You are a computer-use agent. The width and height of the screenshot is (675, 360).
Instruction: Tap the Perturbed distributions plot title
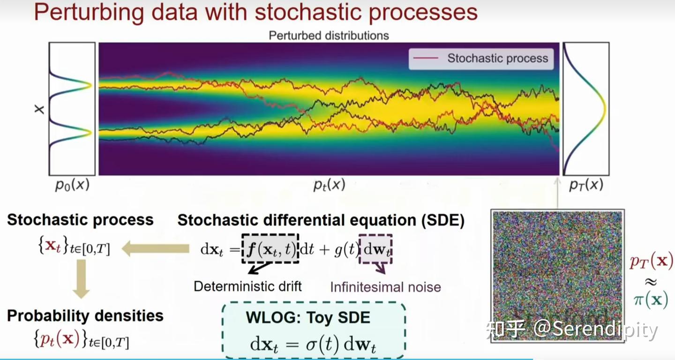(329, 36)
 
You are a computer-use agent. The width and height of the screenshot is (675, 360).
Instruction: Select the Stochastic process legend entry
(481, 58)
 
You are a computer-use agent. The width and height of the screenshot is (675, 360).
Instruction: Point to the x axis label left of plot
(39, 109)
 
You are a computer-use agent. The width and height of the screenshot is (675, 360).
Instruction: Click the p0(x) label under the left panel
(72, 184)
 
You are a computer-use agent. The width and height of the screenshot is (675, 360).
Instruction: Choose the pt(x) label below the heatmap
(329, 184)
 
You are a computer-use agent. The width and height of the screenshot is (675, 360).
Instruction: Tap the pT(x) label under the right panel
(586, 184)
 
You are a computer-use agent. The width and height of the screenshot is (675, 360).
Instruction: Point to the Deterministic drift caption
(247, 286)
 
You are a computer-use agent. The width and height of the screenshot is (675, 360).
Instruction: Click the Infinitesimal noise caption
(385, 287)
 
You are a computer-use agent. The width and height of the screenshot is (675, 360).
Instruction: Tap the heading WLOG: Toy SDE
(308, 317)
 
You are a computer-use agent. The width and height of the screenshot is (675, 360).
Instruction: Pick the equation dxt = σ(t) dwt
(313, 344)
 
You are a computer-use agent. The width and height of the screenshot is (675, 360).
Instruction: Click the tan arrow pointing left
(156, 248)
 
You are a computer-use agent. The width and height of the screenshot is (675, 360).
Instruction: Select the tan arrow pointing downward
(81, 279)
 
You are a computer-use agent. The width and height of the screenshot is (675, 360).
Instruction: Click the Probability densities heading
(85, 316)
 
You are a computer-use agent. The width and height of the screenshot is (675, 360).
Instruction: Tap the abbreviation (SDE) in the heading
(442, 220)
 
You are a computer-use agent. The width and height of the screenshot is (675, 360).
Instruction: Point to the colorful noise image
(557, 276)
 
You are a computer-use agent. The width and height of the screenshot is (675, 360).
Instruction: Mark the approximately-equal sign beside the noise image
(651, 282)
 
